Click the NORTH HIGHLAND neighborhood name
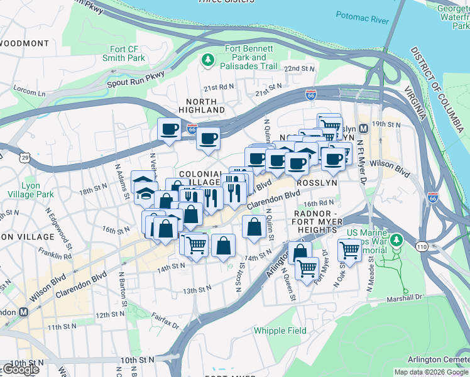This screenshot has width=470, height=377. click(202, 106)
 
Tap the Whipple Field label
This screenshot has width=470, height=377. click(280, 331)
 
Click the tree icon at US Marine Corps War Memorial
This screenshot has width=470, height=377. click(396, 240)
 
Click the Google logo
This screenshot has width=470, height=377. click(21, 369)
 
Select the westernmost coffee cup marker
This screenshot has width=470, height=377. click(169, 130)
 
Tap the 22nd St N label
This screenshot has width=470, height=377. click(299, 68)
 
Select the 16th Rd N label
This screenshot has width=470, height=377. click(319, 203)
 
